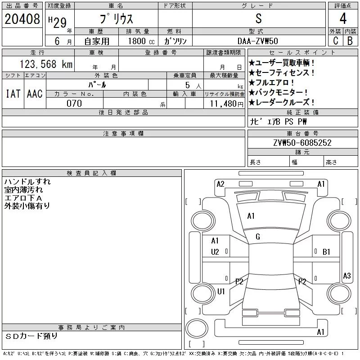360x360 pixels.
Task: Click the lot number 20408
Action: click(x=22, y=19)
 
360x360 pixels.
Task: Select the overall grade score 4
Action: click(x=343, y=18)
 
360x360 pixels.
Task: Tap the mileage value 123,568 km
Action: click(x=46, y=64)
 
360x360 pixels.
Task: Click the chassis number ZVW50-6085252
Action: click(x=302, y=143)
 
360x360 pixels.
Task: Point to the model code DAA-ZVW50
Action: click(x=258, y=41)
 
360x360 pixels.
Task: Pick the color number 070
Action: click(x=74, y=103)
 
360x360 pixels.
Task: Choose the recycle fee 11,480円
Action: click(x=227, y=104)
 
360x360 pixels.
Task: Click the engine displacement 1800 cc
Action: click(x=141, y=41)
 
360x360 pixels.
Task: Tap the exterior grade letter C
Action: click(x=336, y=41)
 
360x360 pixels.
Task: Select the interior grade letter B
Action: click(x=350, y=41)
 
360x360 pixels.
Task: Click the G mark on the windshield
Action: click(x=258, y=237)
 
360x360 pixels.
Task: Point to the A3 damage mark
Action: click(x=346, y=275)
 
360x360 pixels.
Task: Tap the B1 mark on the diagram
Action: click(x=326, y=252)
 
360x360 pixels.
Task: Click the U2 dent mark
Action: click(x=215, y=252)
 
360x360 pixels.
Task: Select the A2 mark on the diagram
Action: click(x=220, y=184)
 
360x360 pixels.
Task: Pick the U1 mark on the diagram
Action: click(x=221, y=291)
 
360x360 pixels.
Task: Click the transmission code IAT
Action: click(x=13, y=94)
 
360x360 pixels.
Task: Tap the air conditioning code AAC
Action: click(x=35, y=94)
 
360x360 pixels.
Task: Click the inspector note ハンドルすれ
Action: click(x=27, y=182)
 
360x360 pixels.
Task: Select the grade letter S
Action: click(x=258, y=18)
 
